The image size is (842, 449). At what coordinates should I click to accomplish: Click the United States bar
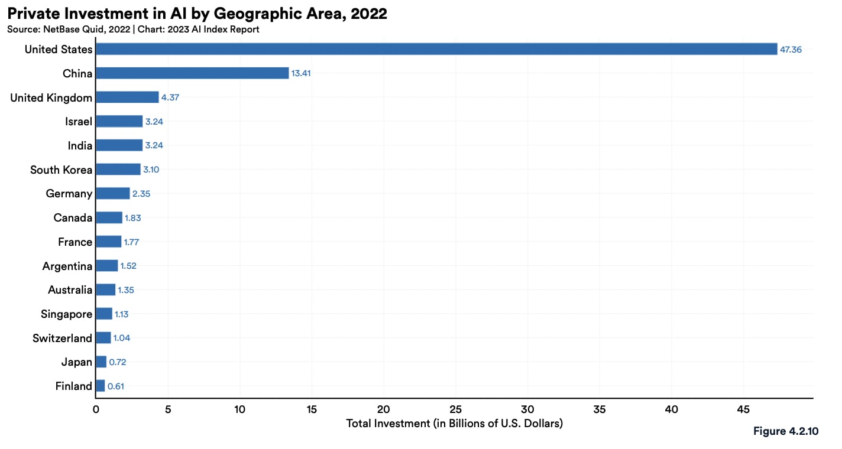(436, 49)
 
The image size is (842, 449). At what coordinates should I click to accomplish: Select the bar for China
(192, 73)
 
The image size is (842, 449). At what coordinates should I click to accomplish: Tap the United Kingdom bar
(128, 97)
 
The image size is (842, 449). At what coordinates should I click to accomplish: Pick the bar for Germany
(113, 193)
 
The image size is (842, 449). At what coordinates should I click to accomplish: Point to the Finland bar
(101, 386)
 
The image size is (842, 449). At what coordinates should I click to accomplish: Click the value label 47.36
(791, 50)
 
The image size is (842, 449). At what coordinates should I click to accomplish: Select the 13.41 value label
(301, 73)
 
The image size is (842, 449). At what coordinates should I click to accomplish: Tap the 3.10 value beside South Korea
(151, 170)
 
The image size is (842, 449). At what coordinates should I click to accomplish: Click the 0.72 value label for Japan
(118, 362)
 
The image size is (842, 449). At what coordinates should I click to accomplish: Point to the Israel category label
(79, 121)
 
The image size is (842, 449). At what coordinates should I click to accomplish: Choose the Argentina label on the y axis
(67, 266)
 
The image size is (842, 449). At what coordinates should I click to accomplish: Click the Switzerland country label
(63, 339)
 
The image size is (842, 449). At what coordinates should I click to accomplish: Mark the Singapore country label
(67, 314)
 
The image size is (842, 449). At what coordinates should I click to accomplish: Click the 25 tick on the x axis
(455, 409)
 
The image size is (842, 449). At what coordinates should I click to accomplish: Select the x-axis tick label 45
(743, 409)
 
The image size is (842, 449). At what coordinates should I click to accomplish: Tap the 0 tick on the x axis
(96, 409)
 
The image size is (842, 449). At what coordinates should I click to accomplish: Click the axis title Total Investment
(455, 424)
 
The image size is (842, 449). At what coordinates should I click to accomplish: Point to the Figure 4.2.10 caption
(786, 431)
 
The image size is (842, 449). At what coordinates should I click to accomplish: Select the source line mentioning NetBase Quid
(133, 30)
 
